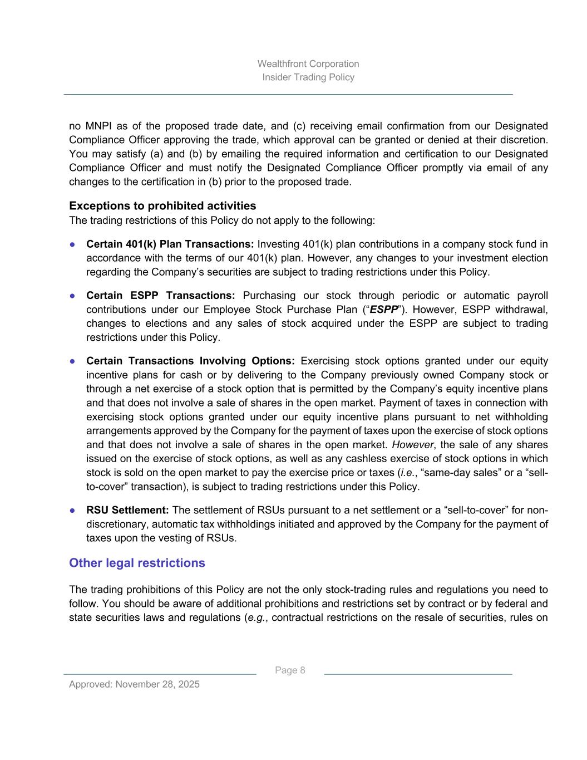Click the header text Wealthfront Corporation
coord(308,64)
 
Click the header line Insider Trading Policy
coord(308,77)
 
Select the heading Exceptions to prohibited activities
coord(162,206)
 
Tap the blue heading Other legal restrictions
coord(137,563)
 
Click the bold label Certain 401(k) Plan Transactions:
coord(170,244)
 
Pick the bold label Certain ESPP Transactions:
coord(160,296)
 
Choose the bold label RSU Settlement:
coord(127,511)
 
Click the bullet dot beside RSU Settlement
coord(73,511)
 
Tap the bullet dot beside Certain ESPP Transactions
coord(73,296)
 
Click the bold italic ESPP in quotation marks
coord(384,310)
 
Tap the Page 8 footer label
coord(290,670)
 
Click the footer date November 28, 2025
coord(157,684)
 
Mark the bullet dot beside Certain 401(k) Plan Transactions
coord(73,244)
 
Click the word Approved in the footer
coord(91,684)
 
